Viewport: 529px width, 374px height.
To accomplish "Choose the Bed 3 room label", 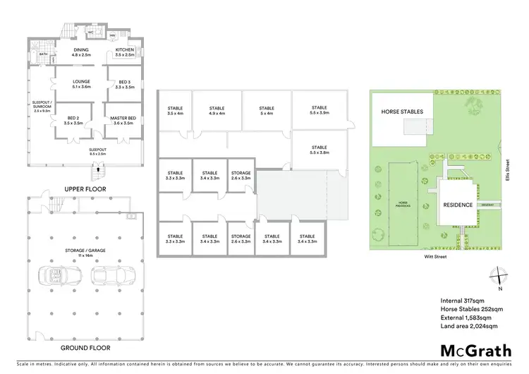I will point(124,84).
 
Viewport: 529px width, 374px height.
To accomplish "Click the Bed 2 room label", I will point(73,121).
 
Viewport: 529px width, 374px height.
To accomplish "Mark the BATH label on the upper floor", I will point(43,54).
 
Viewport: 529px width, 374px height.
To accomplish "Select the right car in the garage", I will point(104,275).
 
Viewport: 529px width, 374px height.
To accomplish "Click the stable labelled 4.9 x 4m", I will point(217,111).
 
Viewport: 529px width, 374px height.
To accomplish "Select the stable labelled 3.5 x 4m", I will point(176,111).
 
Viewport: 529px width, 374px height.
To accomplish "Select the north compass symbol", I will point(498,276).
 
